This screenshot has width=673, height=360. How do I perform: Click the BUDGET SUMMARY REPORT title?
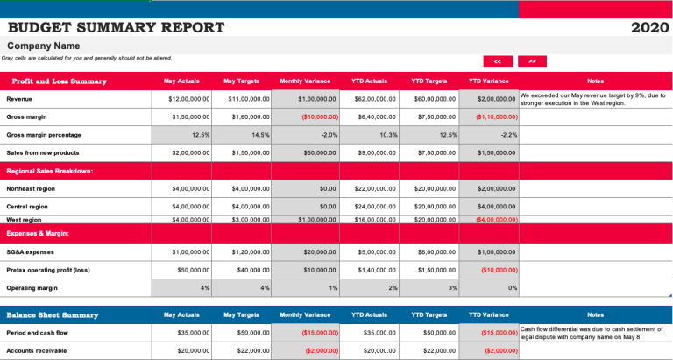[x=116, y=27]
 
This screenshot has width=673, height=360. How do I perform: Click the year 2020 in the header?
[x=649, y=27]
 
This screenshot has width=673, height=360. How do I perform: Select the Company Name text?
[x=43, y=46]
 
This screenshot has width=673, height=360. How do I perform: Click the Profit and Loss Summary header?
[x=59, y=81]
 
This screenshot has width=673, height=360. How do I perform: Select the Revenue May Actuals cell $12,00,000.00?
[x=188, y=99]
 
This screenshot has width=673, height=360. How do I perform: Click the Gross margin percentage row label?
[x=44, y=135]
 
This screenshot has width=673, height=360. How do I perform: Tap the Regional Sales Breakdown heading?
[x=49, y=171]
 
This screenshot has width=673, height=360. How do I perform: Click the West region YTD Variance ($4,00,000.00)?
[x=496, y=220]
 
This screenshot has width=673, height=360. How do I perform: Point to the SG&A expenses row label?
[x=30, y=251]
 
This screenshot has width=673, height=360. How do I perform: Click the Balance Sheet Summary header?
[x=52, y=314]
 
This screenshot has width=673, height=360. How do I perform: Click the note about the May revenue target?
[x=593, y=99]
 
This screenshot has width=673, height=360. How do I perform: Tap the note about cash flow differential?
[x=593, y=333]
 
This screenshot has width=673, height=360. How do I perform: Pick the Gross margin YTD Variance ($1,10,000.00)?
[x=496, y=116]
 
